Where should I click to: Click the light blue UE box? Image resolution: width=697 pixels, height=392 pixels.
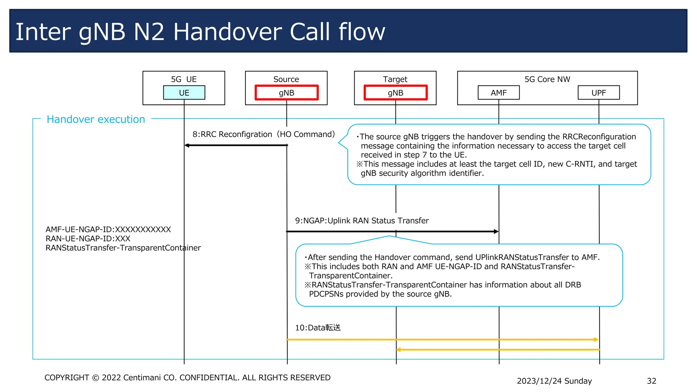pyautogui.click(x=184, y=93)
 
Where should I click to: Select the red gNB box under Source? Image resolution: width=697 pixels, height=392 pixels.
pyautogui.click(x=287, y=93)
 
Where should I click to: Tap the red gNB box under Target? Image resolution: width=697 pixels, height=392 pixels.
pyautogui.click(x=395, y=93)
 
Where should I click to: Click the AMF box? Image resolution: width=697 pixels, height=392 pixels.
pyautogui.click(x=499, y=93)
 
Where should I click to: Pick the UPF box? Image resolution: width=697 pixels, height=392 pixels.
pyautogui.click(x=599, y=93)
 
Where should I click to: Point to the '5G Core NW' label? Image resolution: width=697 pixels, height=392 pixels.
pyautogui.click(x=547, y=79)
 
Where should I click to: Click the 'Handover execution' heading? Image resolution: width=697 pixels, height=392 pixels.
pyautogui.click(x=96, y=119)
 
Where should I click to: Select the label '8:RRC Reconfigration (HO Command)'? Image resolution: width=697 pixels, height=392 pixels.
pyautogui.click(x=264, y=134)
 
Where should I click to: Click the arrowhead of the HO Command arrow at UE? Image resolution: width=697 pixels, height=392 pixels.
pyautogui.click(x=187, y=145)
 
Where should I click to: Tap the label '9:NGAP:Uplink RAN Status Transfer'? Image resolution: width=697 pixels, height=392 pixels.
pyautogui.click(x=362, y=220)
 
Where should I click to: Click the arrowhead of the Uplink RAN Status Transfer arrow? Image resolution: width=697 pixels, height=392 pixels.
pyautogui.click(x=496, y=231)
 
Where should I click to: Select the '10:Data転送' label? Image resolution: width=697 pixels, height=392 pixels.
pyautogui.click(x=318, y=328)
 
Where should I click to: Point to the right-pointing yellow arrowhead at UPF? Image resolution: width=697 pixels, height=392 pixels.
pyautogui.click(x=596, y=340)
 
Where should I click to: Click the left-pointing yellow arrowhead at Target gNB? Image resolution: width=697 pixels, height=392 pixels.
pyautogui.click(x=399, y=349)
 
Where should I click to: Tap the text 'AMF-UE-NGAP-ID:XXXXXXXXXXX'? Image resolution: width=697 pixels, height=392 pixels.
pyautogui.click(x=108, y=229)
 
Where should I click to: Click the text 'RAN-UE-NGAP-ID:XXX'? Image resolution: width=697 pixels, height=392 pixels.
pyautogui.click(x=88, y=239)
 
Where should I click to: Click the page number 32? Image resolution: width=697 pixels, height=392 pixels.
pyautogui.click(x=651, y=381)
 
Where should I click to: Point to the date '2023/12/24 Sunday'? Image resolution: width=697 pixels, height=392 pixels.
pyautogui.click(x=554, y=381)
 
